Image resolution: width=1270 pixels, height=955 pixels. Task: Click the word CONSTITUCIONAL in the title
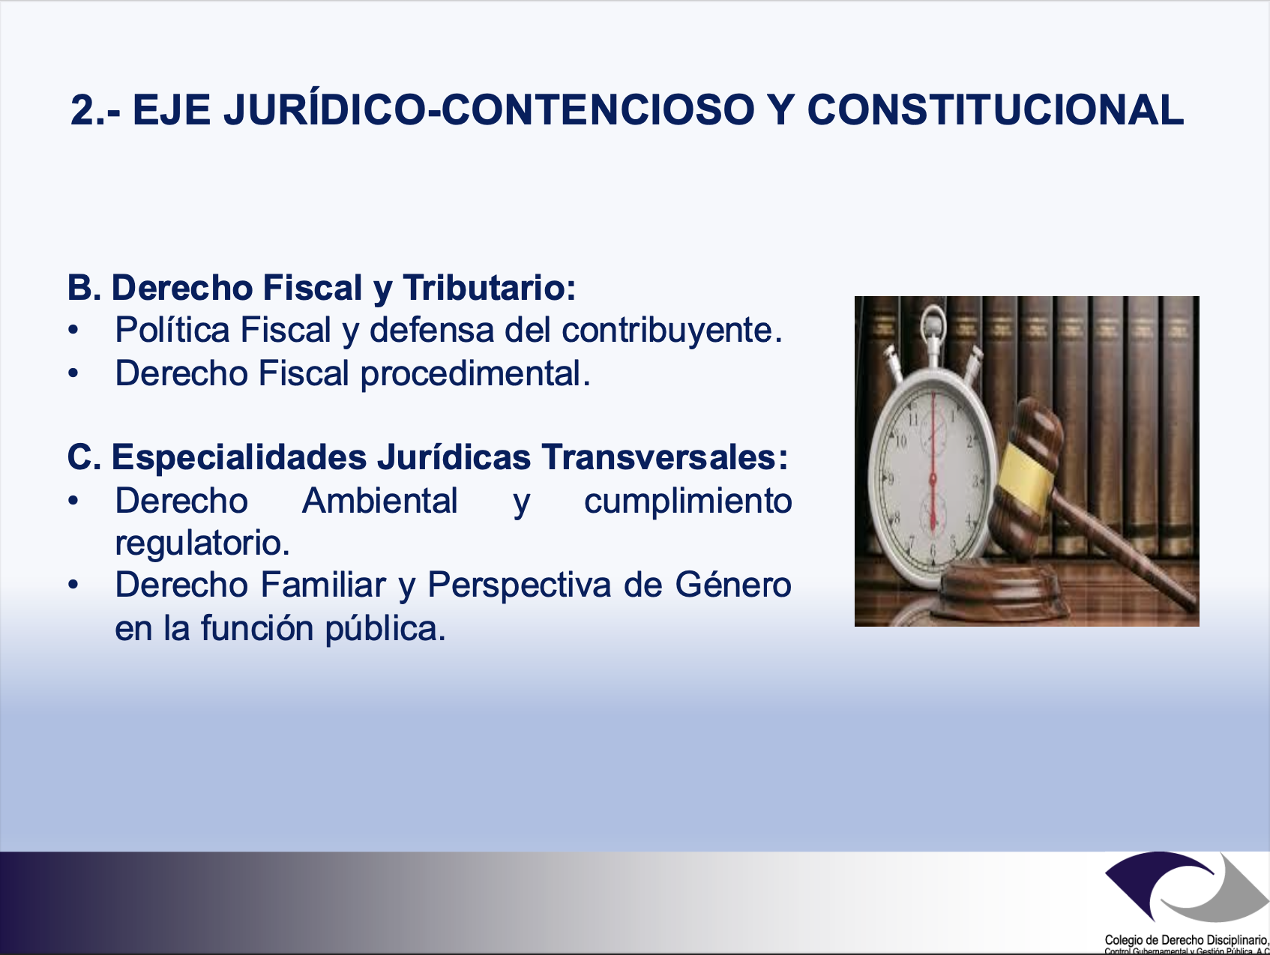(996, 109)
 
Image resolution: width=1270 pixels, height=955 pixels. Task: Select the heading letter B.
(84, 288)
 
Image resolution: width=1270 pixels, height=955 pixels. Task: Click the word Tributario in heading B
(489, 288)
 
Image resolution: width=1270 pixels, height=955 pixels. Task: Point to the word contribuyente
(672, 331)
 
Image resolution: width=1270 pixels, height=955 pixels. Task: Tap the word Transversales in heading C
(664, 457)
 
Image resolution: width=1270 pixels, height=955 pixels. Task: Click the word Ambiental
(380, 501)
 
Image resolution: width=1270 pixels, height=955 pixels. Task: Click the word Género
(733, 585)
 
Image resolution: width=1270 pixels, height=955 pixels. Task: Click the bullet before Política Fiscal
(73, 331)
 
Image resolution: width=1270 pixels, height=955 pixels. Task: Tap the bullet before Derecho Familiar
(73, 585)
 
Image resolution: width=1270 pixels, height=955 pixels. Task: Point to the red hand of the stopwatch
(933, 465)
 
